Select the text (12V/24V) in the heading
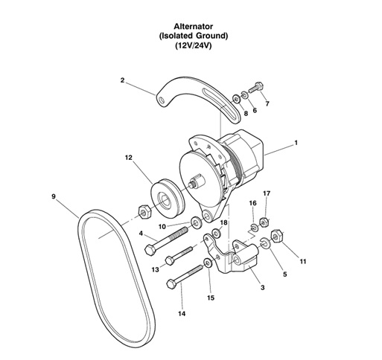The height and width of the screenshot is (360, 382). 191,45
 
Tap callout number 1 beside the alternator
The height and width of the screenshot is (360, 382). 296,141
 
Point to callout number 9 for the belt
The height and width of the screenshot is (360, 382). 54,196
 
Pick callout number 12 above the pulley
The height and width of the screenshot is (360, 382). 128,157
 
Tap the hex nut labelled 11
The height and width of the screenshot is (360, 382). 276,236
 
